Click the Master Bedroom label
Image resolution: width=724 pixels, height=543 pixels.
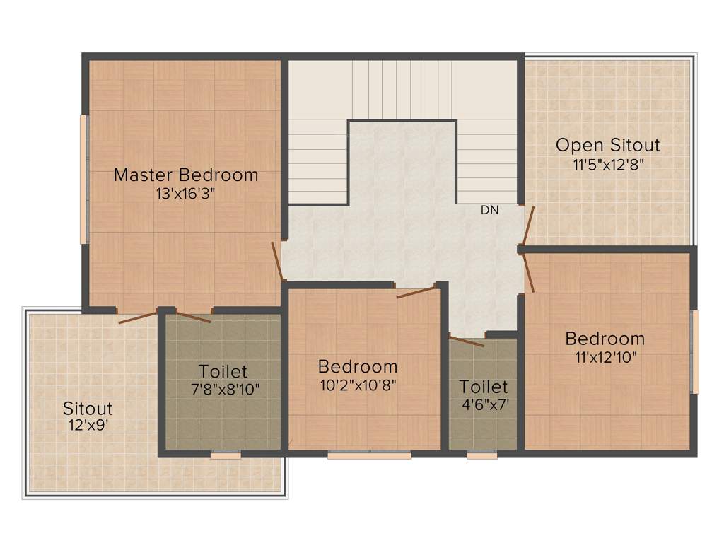pos(186,175)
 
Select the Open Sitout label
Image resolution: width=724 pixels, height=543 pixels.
pos(607,146)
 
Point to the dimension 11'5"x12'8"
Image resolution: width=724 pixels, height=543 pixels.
pos(607,164)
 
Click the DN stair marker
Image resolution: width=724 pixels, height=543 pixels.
pos(489,210)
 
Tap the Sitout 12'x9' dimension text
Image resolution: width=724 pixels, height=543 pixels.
pos(87,425)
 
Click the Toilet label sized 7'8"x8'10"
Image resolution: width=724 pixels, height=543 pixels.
pos(223,371)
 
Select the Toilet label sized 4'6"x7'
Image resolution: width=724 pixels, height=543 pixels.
pos(484,387)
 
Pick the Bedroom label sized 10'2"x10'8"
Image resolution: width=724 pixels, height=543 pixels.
pos(358,367)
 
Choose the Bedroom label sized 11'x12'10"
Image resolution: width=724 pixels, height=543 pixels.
pos(605,339)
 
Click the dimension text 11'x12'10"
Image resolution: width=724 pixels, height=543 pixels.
pos(606,357)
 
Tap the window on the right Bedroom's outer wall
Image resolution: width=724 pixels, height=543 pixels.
pos(694,351)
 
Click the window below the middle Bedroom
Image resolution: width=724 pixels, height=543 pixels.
pos(369,455)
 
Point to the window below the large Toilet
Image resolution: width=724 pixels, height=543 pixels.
pos(226,455)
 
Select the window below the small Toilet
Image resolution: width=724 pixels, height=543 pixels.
pos(481,455)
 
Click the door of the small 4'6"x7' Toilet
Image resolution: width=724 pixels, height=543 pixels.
pos(467,341)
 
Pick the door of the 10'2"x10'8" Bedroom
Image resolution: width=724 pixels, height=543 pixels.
pos(416,292)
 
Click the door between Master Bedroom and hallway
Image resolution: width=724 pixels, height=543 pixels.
pos(277,260)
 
